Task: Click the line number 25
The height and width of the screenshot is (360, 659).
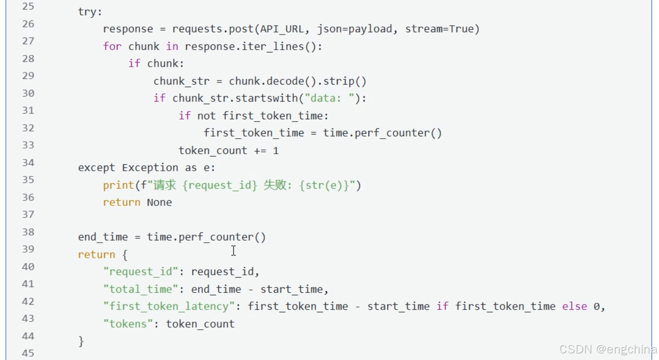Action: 28,7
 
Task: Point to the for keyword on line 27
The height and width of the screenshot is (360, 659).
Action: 112,46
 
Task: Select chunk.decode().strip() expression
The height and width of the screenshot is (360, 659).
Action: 298,81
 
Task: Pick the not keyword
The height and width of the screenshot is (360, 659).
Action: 206,116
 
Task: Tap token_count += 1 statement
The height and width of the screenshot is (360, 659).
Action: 228,151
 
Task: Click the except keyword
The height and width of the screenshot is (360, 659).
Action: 97,168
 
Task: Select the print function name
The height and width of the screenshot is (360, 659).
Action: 118,185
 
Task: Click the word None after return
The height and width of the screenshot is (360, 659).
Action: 159,202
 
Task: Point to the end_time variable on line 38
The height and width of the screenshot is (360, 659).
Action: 103,237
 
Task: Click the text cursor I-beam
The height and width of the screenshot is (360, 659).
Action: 233,251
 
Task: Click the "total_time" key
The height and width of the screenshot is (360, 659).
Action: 141,289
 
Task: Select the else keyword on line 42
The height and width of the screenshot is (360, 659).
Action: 574,307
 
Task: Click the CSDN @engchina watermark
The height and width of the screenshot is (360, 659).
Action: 607,350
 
